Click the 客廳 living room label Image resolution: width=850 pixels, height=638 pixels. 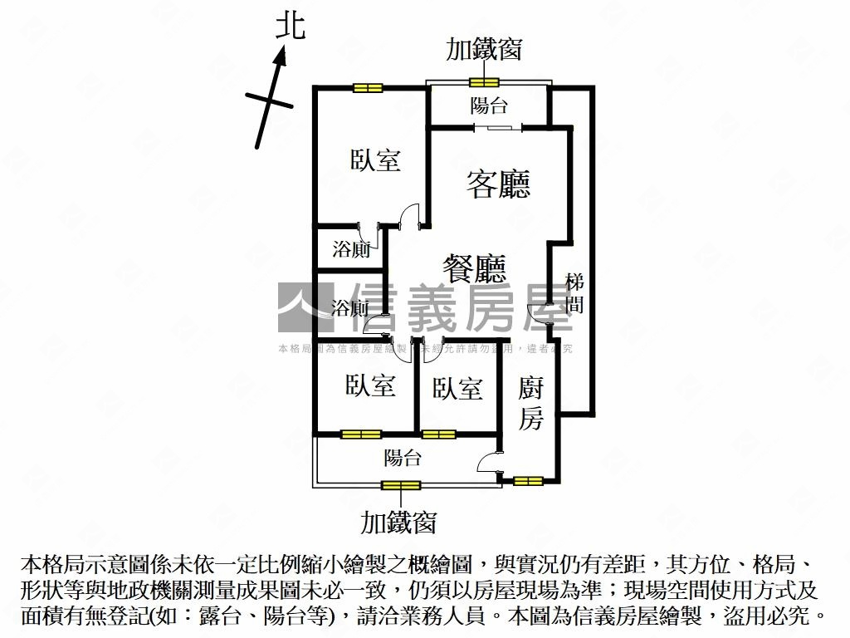tap(498, 183)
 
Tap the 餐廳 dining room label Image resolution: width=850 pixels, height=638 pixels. tap(474, 268)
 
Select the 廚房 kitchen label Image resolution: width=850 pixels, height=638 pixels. tap(531, 403)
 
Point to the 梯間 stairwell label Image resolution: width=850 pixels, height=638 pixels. tap(574, 293)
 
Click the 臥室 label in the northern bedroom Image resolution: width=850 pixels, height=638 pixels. tap(375, 160)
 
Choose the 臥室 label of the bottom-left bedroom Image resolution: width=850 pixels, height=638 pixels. tap(370, 385)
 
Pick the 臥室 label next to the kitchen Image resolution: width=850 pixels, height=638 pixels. tap(457, 388)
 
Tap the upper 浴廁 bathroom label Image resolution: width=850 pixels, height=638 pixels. tap(351, 249)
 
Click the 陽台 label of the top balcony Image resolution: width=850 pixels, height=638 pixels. tap(489, 106)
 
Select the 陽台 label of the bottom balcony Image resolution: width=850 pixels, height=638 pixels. tap(403, 458)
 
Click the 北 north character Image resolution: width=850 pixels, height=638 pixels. tap(291, 27)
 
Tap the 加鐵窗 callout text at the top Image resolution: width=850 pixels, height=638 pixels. tap(484, 49)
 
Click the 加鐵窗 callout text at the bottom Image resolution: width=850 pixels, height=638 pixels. tap(398, 523)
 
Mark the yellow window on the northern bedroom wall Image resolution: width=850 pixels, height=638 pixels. tap(366, 87)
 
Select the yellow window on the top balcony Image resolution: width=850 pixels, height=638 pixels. tap(483, 81)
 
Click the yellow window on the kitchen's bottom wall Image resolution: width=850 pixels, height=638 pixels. tap(528, 480)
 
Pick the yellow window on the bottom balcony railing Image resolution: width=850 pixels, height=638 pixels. tap(401, 485)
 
